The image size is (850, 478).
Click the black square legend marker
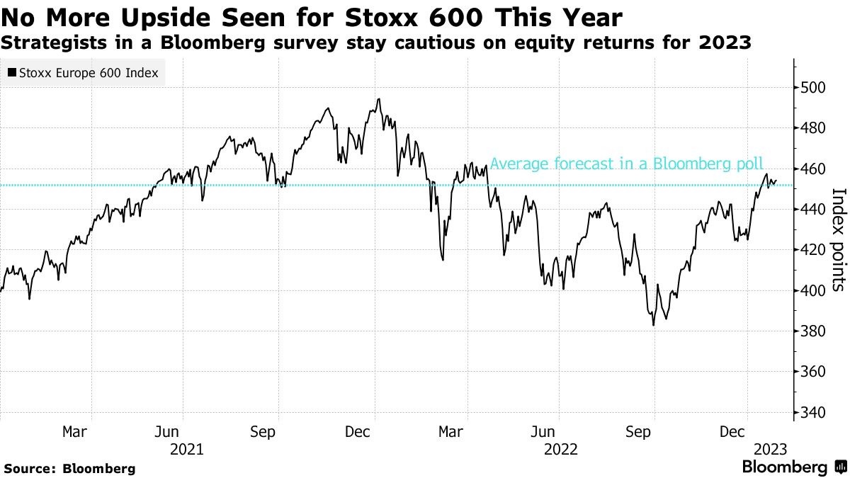tap(12, 73)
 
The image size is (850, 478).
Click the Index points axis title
tap(837, 239)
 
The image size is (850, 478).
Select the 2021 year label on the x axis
tap(187, 449)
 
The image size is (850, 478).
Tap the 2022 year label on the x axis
tap(561, 449)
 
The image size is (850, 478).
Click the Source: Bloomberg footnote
tap(69, 468)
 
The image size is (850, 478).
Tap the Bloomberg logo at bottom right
tap(793, 467)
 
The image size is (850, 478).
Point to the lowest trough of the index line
tap(653, 325)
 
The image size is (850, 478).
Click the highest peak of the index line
tap(379, 99)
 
